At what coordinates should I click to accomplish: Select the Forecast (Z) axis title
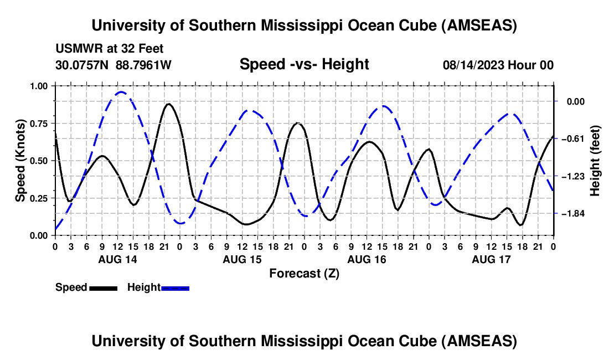304,273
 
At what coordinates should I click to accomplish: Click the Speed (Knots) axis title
20,161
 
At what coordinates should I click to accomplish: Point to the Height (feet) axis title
595,161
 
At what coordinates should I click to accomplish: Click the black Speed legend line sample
103,288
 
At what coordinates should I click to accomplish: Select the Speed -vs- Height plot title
304,64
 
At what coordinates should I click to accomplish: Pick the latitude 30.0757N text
83,65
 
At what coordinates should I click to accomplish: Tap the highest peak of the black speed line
168,104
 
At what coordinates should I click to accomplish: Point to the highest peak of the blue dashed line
121,92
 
